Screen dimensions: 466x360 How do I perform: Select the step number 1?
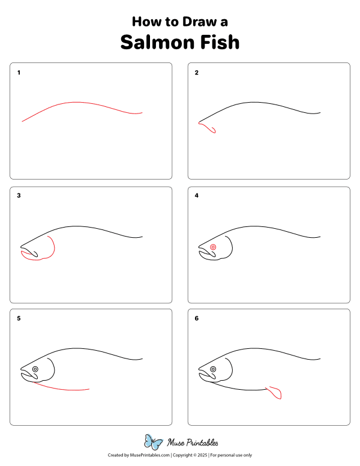click(19, 73)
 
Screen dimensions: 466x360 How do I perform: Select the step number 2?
click(196, 73)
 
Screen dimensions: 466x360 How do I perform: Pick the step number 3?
click(19, 195)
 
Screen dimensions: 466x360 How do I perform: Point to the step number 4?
click(196, 195)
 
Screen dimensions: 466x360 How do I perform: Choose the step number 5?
click(19, 318)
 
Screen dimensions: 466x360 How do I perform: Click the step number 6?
click(196, 318)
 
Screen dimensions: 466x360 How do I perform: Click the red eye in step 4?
click(213, 247)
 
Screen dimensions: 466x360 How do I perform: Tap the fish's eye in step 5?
click(35, 369)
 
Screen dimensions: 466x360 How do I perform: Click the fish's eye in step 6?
click(213, 369)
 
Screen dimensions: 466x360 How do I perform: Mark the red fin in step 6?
click(275, 393)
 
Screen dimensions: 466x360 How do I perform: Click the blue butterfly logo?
click(153, 443)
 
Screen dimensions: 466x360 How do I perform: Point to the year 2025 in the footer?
click(200, 456)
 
